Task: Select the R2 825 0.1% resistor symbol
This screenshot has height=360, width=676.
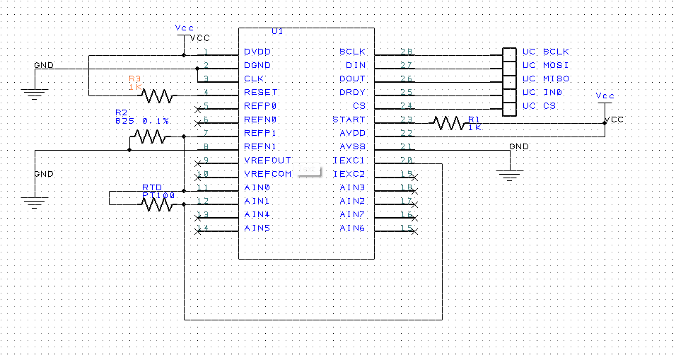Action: (149, 137)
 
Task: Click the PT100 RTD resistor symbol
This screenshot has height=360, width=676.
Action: (156, 204)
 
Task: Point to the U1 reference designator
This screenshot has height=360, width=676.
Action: (277, 32)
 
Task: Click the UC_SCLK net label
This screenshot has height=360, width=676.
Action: (545, 52)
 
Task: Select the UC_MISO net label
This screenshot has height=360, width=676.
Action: (545, 79)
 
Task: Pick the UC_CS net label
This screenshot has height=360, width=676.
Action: (539, 106)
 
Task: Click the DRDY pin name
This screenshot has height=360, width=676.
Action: (351, 93)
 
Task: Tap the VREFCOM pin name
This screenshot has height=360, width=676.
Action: (267, 174)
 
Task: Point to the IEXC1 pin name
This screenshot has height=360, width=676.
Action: (349, 161)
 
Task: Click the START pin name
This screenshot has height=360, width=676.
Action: (349, 120)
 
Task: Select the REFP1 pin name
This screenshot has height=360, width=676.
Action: (260, 133)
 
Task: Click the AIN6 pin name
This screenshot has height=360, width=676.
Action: (352, 228)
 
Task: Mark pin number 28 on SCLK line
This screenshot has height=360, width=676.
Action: (406, 52)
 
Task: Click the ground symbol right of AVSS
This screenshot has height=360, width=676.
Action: (508, 173)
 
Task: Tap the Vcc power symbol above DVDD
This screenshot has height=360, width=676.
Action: (184, 30)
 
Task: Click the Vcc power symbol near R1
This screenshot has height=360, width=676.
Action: (605, 98)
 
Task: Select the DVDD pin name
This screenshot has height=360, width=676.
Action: (257, 52)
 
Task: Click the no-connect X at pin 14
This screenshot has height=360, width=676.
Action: (197, 229)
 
